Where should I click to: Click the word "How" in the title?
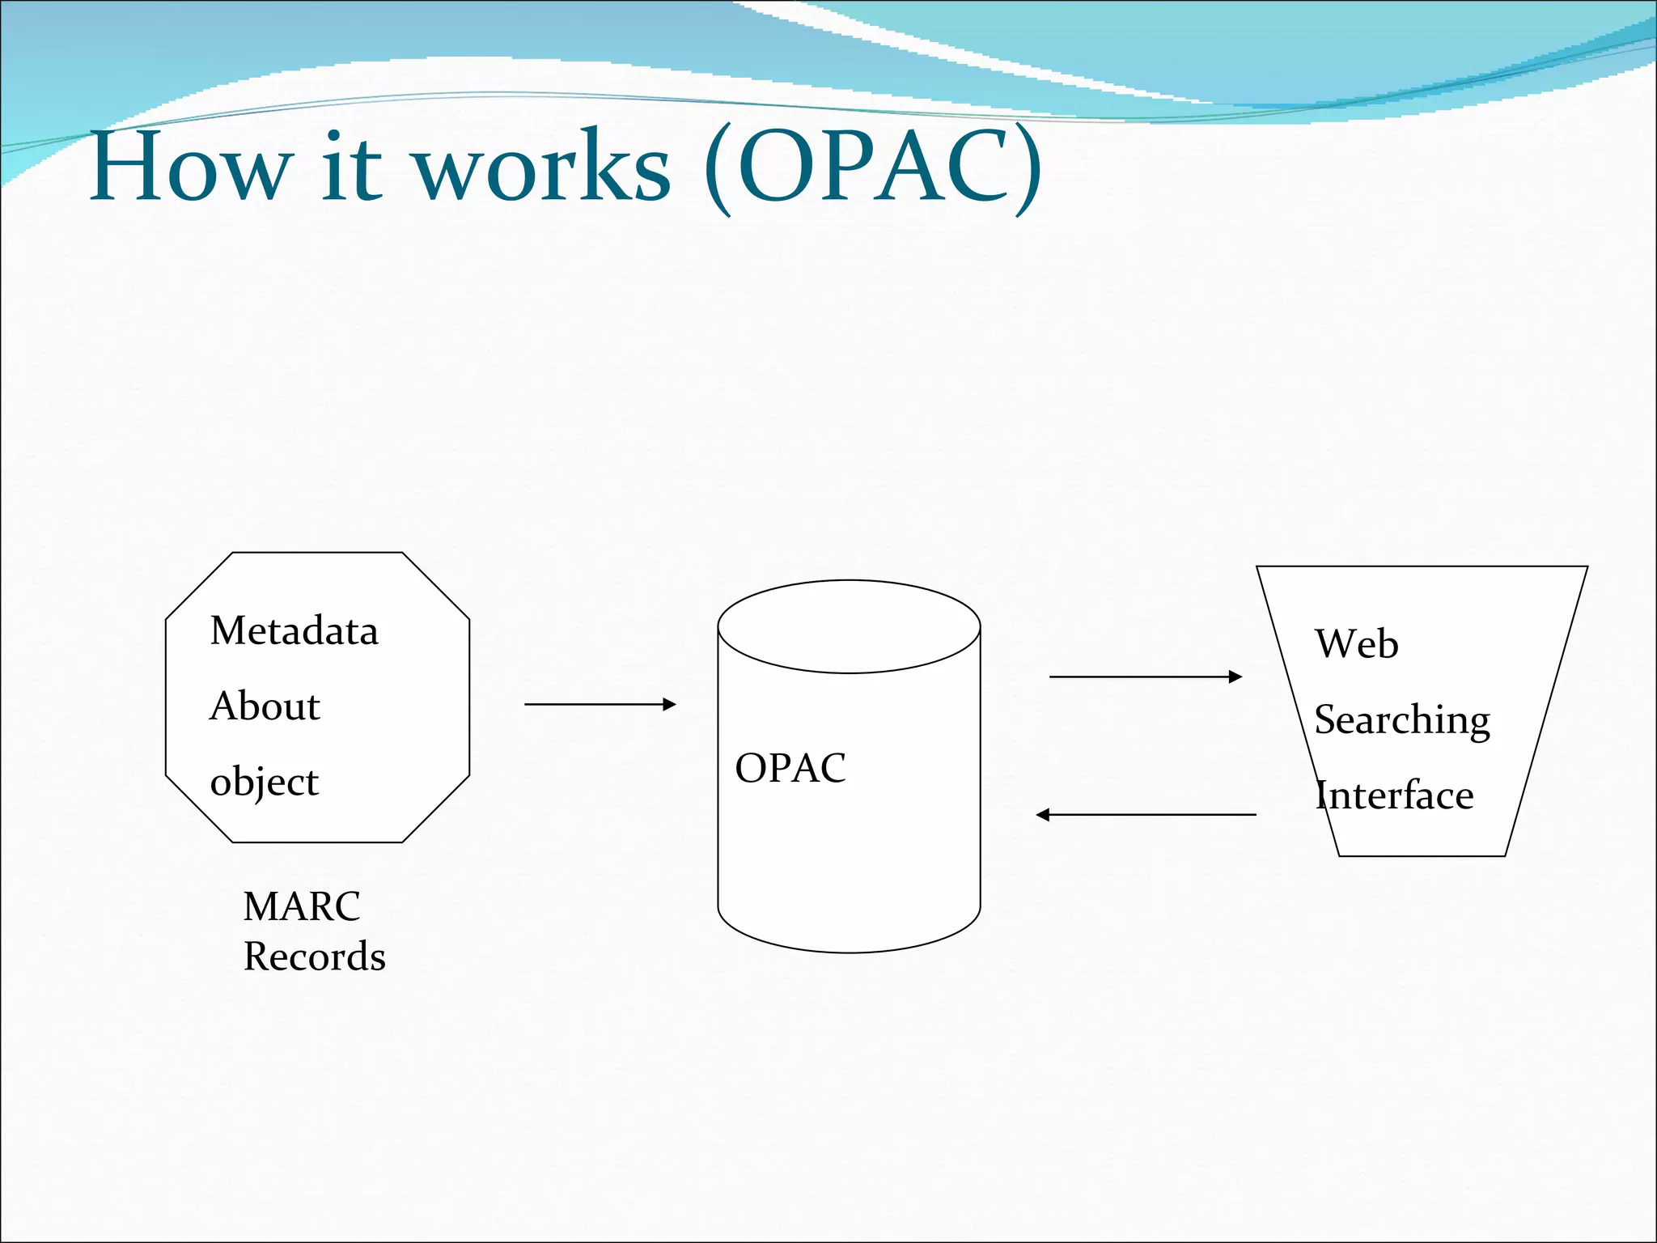(x=190, y=168)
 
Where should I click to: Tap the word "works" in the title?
(x=542, y=168)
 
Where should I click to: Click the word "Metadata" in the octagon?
(x=294, y=630)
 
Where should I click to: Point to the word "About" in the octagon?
(x=265, y=706)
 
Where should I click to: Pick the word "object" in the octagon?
(x=264, y=782)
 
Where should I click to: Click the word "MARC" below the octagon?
(x=301, y=906)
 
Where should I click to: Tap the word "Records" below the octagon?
(x=314, y=957)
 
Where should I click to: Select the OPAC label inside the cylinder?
(x=790, y=768)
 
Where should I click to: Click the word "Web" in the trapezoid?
(x=1357, y=644)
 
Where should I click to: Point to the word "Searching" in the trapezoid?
(x=1401, y=719)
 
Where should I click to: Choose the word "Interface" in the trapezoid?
(x=1394, y=795)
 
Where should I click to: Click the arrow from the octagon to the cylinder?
(x=599, y=704)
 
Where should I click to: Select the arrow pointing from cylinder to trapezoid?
(x=1144, y=677)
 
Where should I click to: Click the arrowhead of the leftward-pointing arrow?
(x=1043, y=815)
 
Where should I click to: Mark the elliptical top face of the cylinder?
(x=849, y=626)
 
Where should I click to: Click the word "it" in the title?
(x=351, y=168)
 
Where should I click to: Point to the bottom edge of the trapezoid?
(x=1422, y=855)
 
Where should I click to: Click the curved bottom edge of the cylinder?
(x=849, y=952)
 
